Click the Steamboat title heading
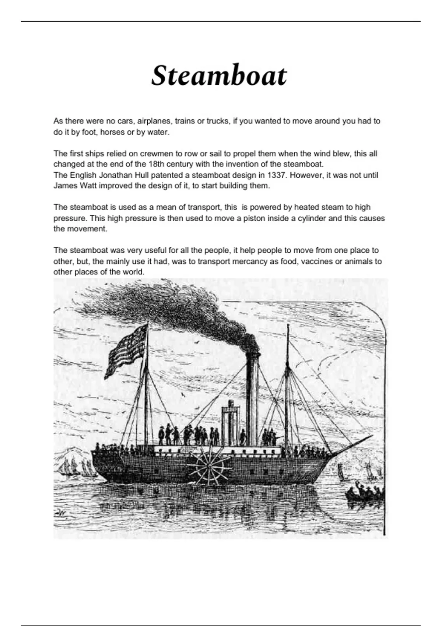tap(219, 75)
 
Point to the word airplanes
tap(154, 121)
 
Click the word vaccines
tap(311, 261)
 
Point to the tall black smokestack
tap(252, 398)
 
